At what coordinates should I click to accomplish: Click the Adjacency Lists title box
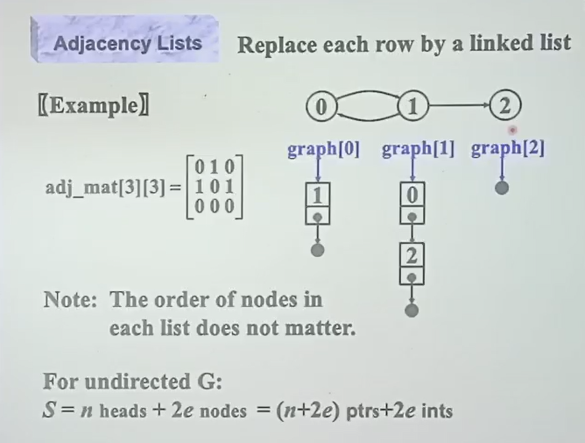[127, 43]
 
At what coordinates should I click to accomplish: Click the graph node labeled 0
[321, 107]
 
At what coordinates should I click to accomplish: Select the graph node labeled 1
[412, 107]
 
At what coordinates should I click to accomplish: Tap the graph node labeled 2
[505, 107]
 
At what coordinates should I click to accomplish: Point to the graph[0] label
[323, 148]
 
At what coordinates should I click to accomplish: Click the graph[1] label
[418, 148]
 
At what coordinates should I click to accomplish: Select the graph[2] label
[508, 148]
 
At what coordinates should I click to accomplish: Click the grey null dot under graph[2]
[502, 186]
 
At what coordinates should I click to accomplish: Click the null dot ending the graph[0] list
[319, 250]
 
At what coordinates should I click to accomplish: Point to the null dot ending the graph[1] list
[412, 310]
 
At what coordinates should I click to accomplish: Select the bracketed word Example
[93, 108]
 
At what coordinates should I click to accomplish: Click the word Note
[70, 300]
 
